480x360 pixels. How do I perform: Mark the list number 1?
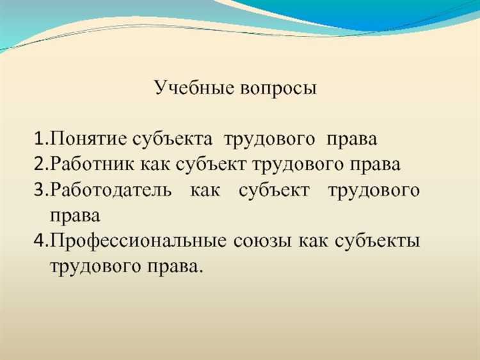coord(40,138)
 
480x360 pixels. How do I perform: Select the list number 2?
coord(40,164)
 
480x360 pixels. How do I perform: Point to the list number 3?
coord(40,190)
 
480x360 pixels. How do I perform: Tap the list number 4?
coord(40,241)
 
